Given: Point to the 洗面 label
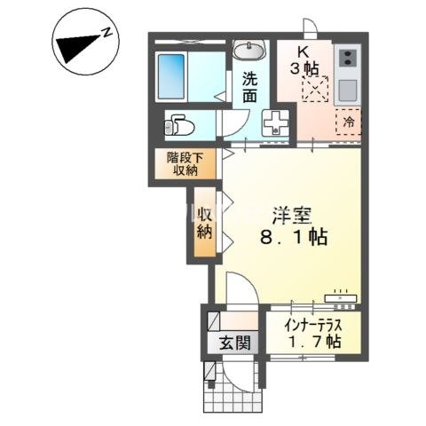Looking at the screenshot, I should [250, 87].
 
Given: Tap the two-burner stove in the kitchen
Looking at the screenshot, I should [346, 60].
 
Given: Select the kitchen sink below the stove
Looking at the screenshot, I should [346, 91].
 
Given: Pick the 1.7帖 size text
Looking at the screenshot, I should [312, 341].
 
